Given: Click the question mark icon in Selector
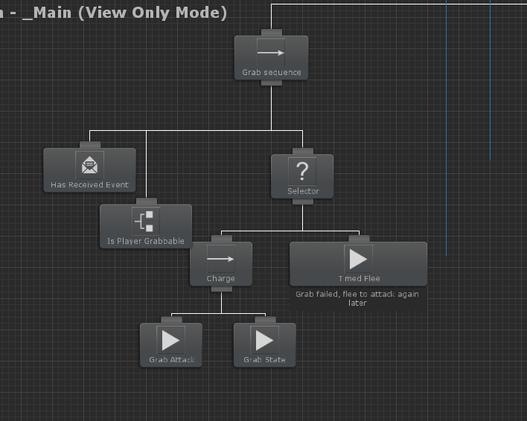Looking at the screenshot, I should pyautogui.click(x=302, y=171).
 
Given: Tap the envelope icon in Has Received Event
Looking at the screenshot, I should pyautogui.click(x=89, y=164).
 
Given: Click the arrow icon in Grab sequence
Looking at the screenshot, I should pyautogui.click(x=271, y=53).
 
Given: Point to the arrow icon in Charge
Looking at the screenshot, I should pyautogui.click(x=220, y=260).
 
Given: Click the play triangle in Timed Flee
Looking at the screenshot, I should pyautogui.click(x=358, y=259).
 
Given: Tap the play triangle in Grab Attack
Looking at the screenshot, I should pyautogui.click(x=170, y=340).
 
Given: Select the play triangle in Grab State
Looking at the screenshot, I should pyautogui.click(x=264, y=340).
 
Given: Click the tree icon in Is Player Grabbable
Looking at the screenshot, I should pyautogui.click(x=146, y=221).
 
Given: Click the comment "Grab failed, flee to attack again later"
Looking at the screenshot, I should pyautogui.click(x=357, y=298).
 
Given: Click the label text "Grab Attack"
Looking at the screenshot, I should pyautogui.click(x=171, y=360).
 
